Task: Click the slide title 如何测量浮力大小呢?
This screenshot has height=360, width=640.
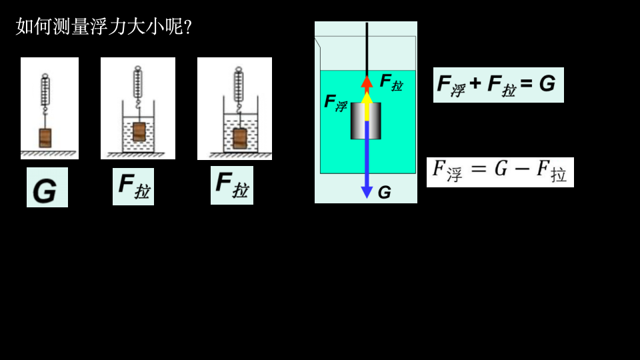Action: click(x=104, y=27)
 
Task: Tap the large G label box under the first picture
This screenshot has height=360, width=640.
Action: click(x=47, y=187)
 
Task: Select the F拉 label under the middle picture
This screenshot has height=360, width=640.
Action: click(x=133, y=186)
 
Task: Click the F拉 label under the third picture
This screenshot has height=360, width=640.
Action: click(x=231, y=185)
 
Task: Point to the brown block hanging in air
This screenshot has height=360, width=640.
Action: click(x=45, y=137)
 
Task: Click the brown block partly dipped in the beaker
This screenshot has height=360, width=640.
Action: click(x=139, y=131)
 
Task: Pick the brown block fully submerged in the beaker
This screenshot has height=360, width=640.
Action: click(x=239, y=138)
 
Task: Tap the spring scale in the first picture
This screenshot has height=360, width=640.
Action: click(x=45, y=90)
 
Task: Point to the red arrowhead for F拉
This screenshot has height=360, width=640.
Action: click(x=366, y=81)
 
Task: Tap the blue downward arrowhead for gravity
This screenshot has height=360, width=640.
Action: click(x=367, y=192)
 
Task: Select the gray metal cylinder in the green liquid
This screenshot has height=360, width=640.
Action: click(x=366, y=121)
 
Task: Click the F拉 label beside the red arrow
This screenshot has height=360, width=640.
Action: click(x=391, y=82)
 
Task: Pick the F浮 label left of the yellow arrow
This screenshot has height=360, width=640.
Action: click(x=336, y=103)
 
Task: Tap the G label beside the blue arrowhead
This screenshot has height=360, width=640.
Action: click(x=384, y=193)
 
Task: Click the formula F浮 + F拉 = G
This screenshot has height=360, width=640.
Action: click(x=498, y=85)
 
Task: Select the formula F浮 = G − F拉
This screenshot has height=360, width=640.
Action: click(x=500, y=172)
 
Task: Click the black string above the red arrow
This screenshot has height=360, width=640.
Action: click(x=367, y=47)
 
